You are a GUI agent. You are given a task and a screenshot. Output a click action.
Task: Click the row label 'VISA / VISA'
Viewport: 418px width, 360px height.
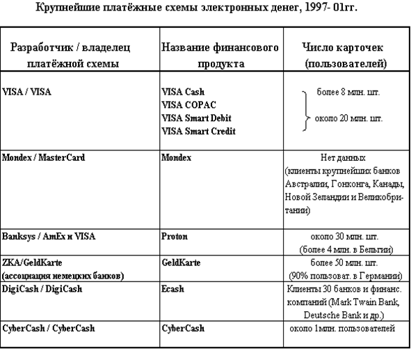29,91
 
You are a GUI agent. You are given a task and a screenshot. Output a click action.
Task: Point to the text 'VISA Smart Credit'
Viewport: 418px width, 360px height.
198,130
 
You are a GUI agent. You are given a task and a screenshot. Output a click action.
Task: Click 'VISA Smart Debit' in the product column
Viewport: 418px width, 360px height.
196,118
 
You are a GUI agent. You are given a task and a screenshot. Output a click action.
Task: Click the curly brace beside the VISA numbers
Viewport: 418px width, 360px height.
307,111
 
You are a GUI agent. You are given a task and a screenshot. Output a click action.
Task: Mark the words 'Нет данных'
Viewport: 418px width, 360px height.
344,158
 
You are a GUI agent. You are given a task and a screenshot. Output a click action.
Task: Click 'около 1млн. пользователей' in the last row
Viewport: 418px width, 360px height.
344,328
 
